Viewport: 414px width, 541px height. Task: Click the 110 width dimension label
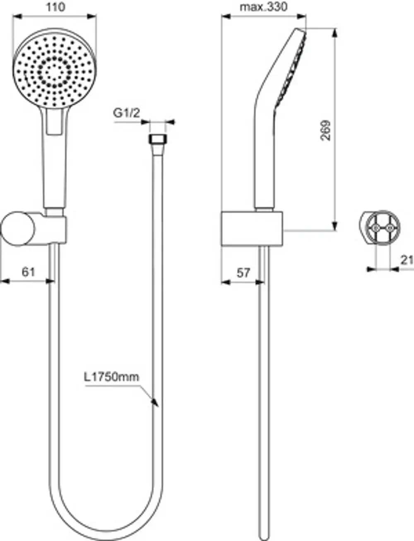pos(56,7)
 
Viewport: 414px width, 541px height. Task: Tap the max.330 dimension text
pos(264,7)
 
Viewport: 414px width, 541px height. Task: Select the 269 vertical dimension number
pos(325,131)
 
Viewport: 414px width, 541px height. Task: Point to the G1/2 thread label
pos(126,113)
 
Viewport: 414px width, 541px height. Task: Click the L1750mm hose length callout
pos(112,377)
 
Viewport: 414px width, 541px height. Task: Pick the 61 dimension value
pos(29,272)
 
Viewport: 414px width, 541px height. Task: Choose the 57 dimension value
pos(243,273)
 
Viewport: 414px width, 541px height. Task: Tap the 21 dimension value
pos(407,260)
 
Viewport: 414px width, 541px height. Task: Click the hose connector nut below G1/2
pos(158,139)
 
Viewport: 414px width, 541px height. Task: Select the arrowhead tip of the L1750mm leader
pos(158,406)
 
